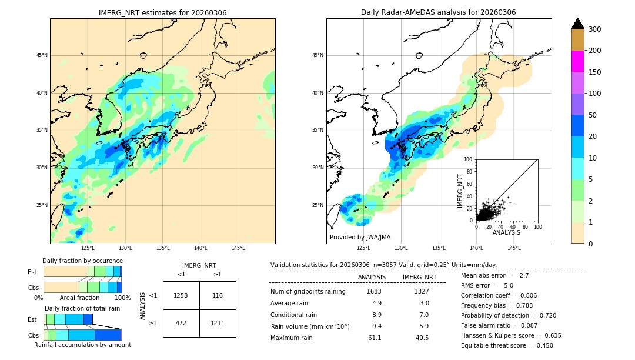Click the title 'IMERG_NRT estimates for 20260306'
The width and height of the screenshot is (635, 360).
[x=162, y=12]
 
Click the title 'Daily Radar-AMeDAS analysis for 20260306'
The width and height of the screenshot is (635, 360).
[x=438, y=12]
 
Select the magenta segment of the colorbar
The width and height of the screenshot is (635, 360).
[x=577, y=61]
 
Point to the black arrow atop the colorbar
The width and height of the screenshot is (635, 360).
[x=577, y=24]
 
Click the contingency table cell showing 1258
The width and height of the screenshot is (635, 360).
[x=181, y=295]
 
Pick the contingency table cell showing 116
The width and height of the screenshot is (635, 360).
[x=218, y=295]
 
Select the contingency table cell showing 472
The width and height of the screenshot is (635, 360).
[x=181, y=323]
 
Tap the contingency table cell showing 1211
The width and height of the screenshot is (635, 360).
[x=218, y=323]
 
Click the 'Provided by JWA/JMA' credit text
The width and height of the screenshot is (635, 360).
[x=360, y=238]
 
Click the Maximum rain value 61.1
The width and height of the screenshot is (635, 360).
[x=375, y=338]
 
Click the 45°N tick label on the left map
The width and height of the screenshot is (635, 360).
[x=41, y=55]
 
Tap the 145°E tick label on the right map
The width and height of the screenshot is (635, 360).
[x=514, y=248]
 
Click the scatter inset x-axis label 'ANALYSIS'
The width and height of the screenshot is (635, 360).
[x=506, y=232]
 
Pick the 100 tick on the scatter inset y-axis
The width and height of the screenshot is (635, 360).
[x=469, y=159]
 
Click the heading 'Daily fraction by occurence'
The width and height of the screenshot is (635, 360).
[x=82, y=261]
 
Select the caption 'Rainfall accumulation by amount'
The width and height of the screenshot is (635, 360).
[x=82, y=345]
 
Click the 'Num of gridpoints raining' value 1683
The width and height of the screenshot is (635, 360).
[x=374, y=291]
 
